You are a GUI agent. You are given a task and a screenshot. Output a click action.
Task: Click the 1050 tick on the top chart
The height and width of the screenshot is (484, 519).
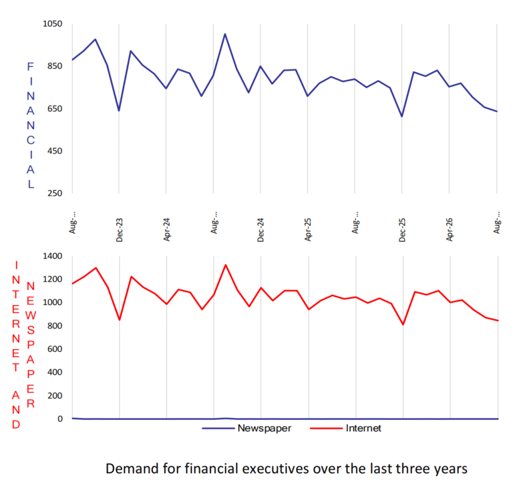[x=52, y=24]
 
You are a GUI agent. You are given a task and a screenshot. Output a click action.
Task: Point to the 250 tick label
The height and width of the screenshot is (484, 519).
[x=55, y=193]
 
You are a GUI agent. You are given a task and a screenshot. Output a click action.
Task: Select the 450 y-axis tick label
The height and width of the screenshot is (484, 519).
[x=55, y=151]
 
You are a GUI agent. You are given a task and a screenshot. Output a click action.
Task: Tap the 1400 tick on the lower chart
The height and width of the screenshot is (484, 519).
[x=52, y=256]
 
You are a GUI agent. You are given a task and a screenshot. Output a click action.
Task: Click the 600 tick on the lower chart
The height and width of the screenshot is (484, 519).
[x=55, y=349]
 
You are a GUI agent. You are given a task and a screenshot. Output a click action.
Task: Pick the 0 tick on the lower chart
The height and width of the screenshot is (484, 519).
[x=60, y=419]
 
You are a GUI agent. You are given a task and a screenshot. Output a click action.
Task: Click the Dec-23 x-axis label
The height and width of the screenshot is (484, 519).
[x=119, y=230]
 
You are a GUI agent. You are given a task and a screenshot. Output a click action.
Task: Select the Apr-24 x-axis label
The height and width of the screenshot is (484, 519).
[x=166, y=230]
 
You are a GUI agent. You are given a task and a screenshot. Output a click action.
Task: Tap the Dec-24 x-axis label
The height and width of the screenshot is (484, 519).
[x=261, y=230]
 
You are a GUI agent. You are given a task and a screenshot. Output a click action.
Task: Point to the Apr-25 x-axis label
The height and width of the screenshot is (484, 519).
[x=308, y=230]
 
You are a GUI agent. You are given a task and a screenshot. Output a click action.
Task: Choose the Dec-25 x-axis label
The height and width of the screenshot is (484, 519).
[x=402, y=230]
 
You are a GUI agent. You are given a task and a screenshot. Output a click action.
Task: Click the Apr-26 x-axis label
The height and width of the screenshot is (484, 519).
[x=449, y=230]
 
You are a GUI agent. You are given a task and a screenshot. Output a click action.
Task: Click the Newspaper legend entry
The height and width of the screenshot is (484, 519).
[x=247, y=429]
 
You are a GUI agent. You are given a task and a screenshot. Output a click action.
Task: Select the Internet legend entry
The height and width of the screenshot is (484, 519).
[x=345, y=429]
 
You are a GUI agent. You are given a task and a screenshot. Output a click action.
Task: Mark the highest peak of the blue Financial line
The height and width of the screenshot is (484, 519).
[x=225, y=34]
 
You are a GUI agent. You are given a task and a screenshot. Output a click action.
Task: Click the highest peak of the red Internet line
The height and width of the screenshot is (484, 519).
[x=226, y=264]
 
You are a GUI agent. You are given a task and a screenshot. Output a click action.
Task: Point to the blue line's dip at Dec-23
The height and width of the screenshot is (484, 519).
[x=119, y=111]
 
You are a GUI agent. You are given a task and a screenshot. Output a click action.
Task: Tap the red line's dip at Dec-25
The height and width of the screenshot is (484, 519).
[x=403, y=324]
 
